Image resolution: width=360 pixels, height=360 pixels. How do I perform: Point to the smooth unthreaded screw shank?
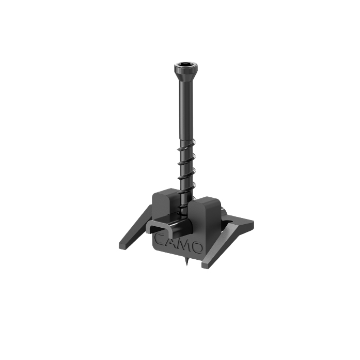pos(186,110)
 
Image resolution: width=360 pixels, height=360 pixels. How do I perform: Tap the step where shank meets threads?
pos(186,139)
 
